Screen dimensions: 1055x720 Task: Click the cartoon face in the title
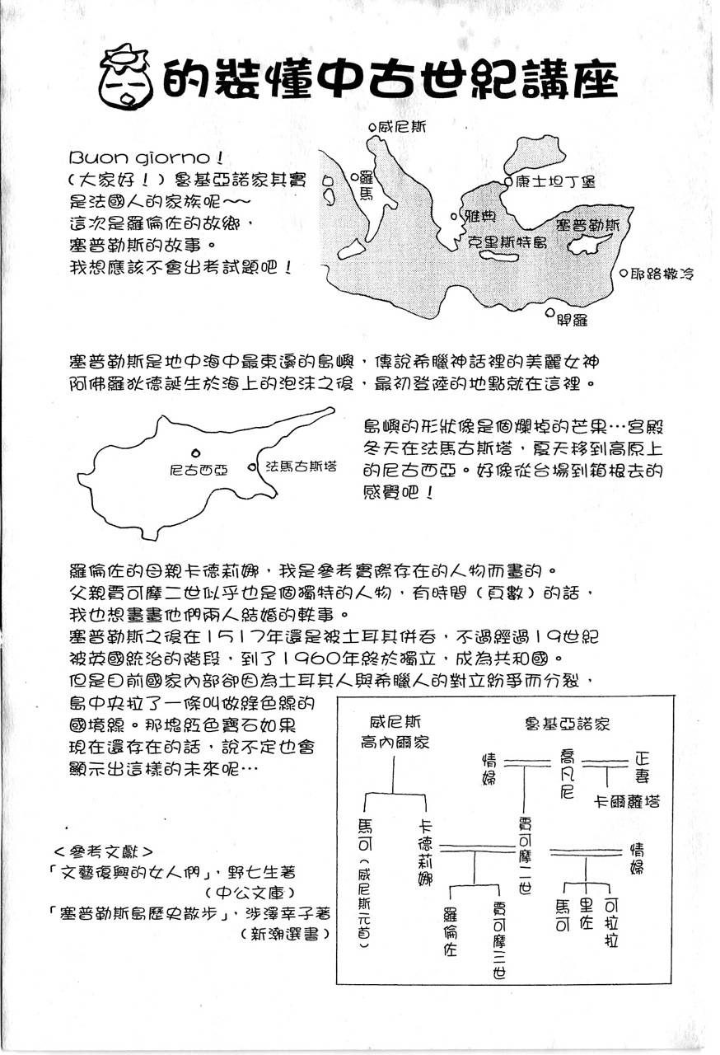(x=124, y=77)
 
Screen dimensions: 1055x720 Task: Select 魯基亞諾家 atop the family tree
(x=567, y=724)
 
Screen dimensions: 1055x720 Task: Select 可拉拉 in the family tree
(x=610, y=919)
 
